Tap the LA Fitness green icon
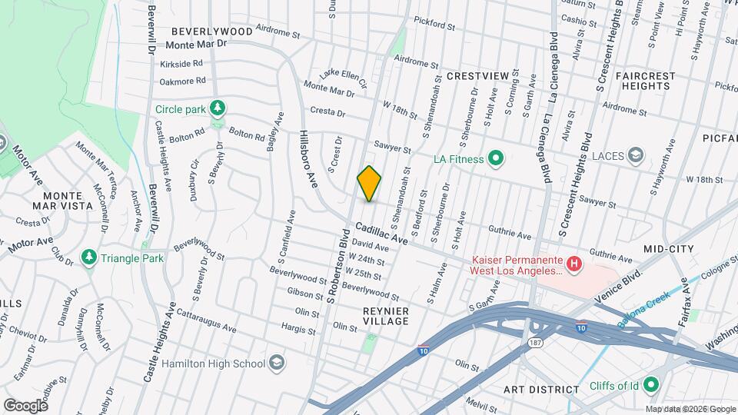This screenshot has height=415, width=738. (x=496, y=159)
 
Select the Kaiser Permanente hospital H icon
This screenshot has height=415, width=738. (x=573, y=265)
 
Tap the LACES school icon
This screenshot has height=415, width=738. (x=635, y=156)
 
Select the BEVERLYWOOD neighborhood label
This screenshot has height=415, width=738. (x=211, y=32)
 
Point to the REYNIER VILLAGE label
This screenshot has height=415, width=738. (x=385, y=315)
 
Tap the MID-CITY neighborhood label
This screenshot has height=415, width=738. (x=669, y=249)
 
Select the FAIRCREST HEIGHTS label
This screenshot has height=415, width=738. (x=645, y=81)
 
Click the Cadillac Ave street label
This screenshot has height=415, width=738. (x=381, y=235)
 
